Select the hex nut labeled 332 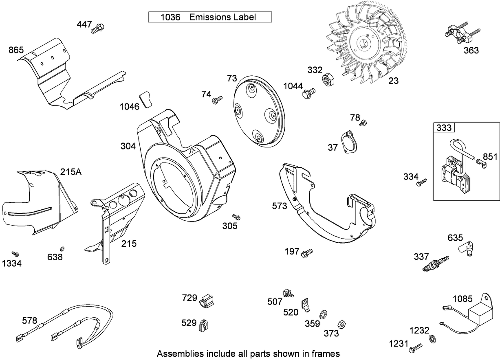tap(328, 80)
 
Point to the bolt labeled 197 tap(306, 253)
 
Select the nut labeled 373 tap(342, 325)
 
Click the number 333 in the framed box tap(444, 128)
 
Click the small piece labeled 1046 tap(145, 99)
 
